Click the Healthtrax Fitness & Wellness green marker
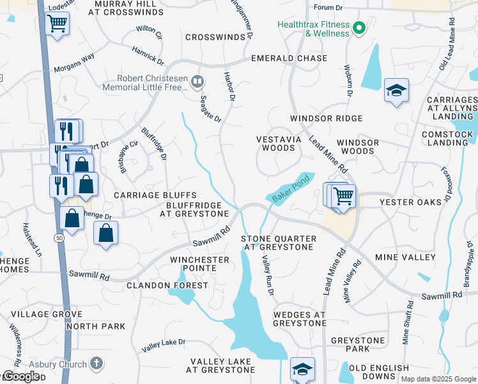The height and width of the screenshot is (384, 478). (x=359, y=28)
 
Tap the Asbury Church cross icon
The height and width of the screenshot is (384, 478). (x=96, y=364)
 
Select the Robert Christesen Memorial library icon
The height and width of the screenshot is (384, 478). (x=198, y=82)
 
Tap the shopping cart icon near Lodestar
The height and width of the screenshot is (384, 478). (x=58, y=24)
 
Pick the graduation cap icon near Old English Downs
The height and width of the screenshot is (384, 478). (x=302, y=369)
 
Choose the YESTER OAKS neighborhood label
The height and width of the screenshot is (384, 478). (x=410, y=202)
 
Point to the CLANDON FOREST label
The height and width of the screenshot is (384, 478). (x=167, y=285)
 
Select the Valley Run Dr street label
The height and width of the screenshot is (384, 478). (x=268, y=275)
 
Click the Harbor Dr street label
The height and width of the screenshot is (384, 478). (x=229, y=90)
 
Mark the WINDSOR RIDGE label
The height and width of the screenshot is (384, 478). (x=326, y=118)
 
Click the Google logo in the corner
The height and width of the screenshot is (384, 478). (x=21, y=376)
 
